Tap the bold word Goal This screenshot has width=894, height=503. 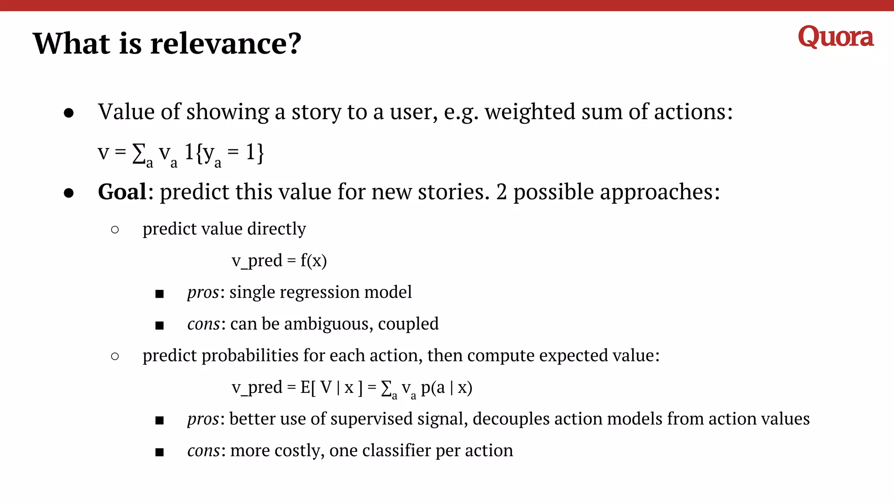[122, 192]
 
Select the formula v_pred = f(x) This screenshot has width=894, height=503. [279, 261]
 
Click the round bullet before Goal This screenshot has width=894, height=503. [69, 193]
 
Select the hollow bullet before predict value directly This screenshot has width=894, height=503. [115, 230]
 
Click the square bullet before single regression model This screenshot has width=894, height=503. [159, 293]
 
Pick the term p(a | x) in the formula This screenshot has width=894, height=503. [446, 387]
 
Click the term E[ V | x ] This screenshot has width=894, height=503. [331, 387]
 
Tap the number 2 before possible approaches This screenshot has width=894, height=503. [501, 192]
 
